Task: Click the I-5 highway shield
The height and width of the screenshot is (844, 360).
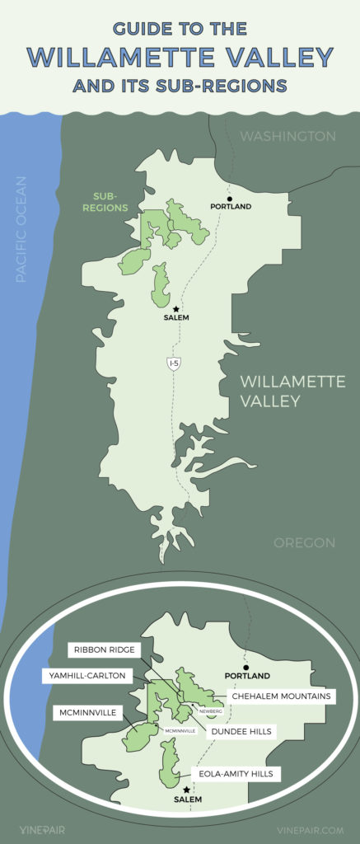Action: click(173, 363)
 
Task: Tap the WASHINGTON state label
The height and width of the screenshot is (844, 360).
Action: click(288, 136)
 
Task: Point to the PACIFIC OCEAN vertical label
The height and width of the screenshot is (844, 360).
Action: click(21, 228)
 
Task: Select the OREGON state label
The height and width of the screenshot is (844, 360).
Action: click(304, 543)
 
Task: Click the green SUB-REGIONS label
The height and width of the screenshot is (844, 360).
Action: click(110, 203)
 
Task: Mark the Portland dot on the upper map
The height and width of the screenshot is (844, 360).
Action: click(231, 199)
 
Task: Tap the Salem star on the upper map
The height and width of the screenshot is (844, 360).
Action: click(176, 309)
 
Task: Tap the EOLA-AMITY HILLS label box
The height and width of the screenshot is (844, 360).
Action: click(236, 773)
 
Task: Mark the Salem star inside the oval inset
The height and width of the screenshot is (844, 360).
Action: click(187, 789)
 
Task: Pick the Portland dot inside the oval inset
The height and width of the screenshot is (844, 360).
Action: click(245, 667)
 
